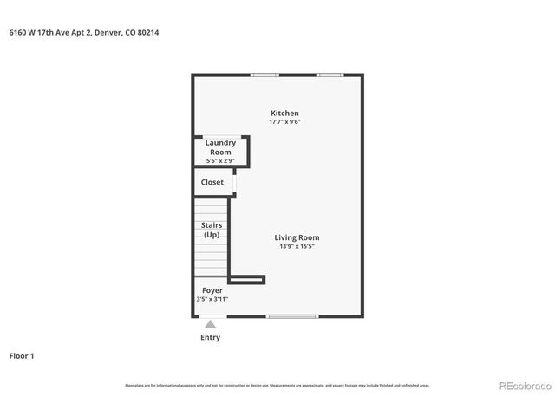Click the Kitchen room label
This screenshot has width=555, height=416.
tap(284, 114)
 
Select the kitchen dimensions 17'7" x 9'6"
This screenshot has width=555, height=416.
tap(284, 122)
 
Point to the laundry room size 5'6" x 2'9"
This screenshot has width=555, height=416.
tap(219, 161)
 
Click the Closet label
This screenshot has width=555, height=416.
tap(212, 183)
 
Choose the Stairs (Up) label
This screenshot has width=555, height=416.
tap(212, 231)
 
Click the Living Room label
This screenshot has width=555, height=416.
tap(297, 237)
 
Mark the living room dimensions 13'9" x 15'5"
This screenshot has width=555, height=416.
tap(297, 247)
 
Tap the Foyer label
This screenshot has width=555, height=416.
tap(212, 290)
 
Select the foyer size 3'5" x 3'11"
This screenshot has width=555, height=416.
tap(212, 299)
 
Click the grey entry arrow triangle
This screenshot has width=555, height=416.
tap(210, 324)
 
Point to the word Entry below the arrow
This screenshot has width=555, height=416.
tap(210, 337)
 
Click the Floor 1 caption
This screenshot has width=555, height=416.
tap(22, 355)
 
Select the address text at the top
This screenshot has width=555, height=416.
tap(84, 33)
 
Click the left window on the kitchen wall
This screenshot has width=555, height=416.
tap(264, 75)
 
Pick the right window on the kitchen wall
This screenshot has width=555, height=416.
tap(330, 75)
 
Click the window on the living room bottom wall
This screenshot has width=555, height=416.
tap(292, 316)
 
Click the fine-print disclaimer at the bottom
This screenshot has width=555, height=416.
tap(277, 385)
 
